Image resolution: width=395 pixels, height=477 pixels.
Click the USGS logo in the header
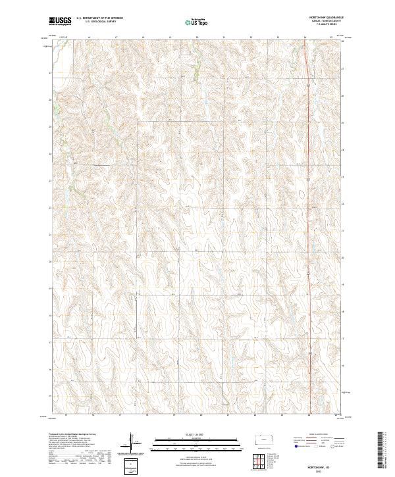(61, 21)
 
